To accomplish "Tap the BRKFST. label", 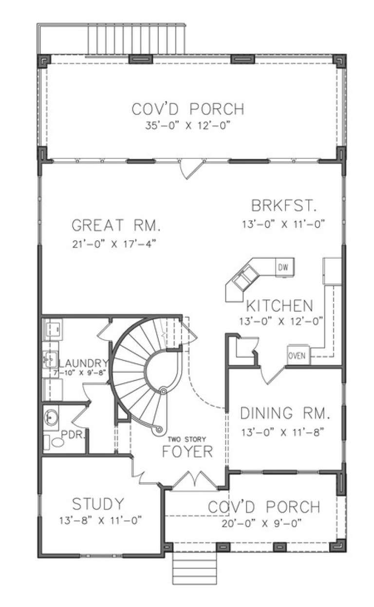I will [284, 206].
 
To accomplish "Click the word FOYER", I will [187, 452].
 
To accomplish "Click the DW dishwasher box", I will [282, 267].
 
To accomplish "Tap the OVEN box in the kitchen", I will [297, 356].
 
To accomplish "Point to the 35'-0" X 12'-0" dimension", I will [187, 125].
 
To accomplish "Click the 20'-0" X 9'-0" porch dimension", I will [264, 524].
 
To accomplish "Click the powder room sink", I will [51, 417].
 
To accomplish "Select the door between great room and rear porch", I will [189, 170].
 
